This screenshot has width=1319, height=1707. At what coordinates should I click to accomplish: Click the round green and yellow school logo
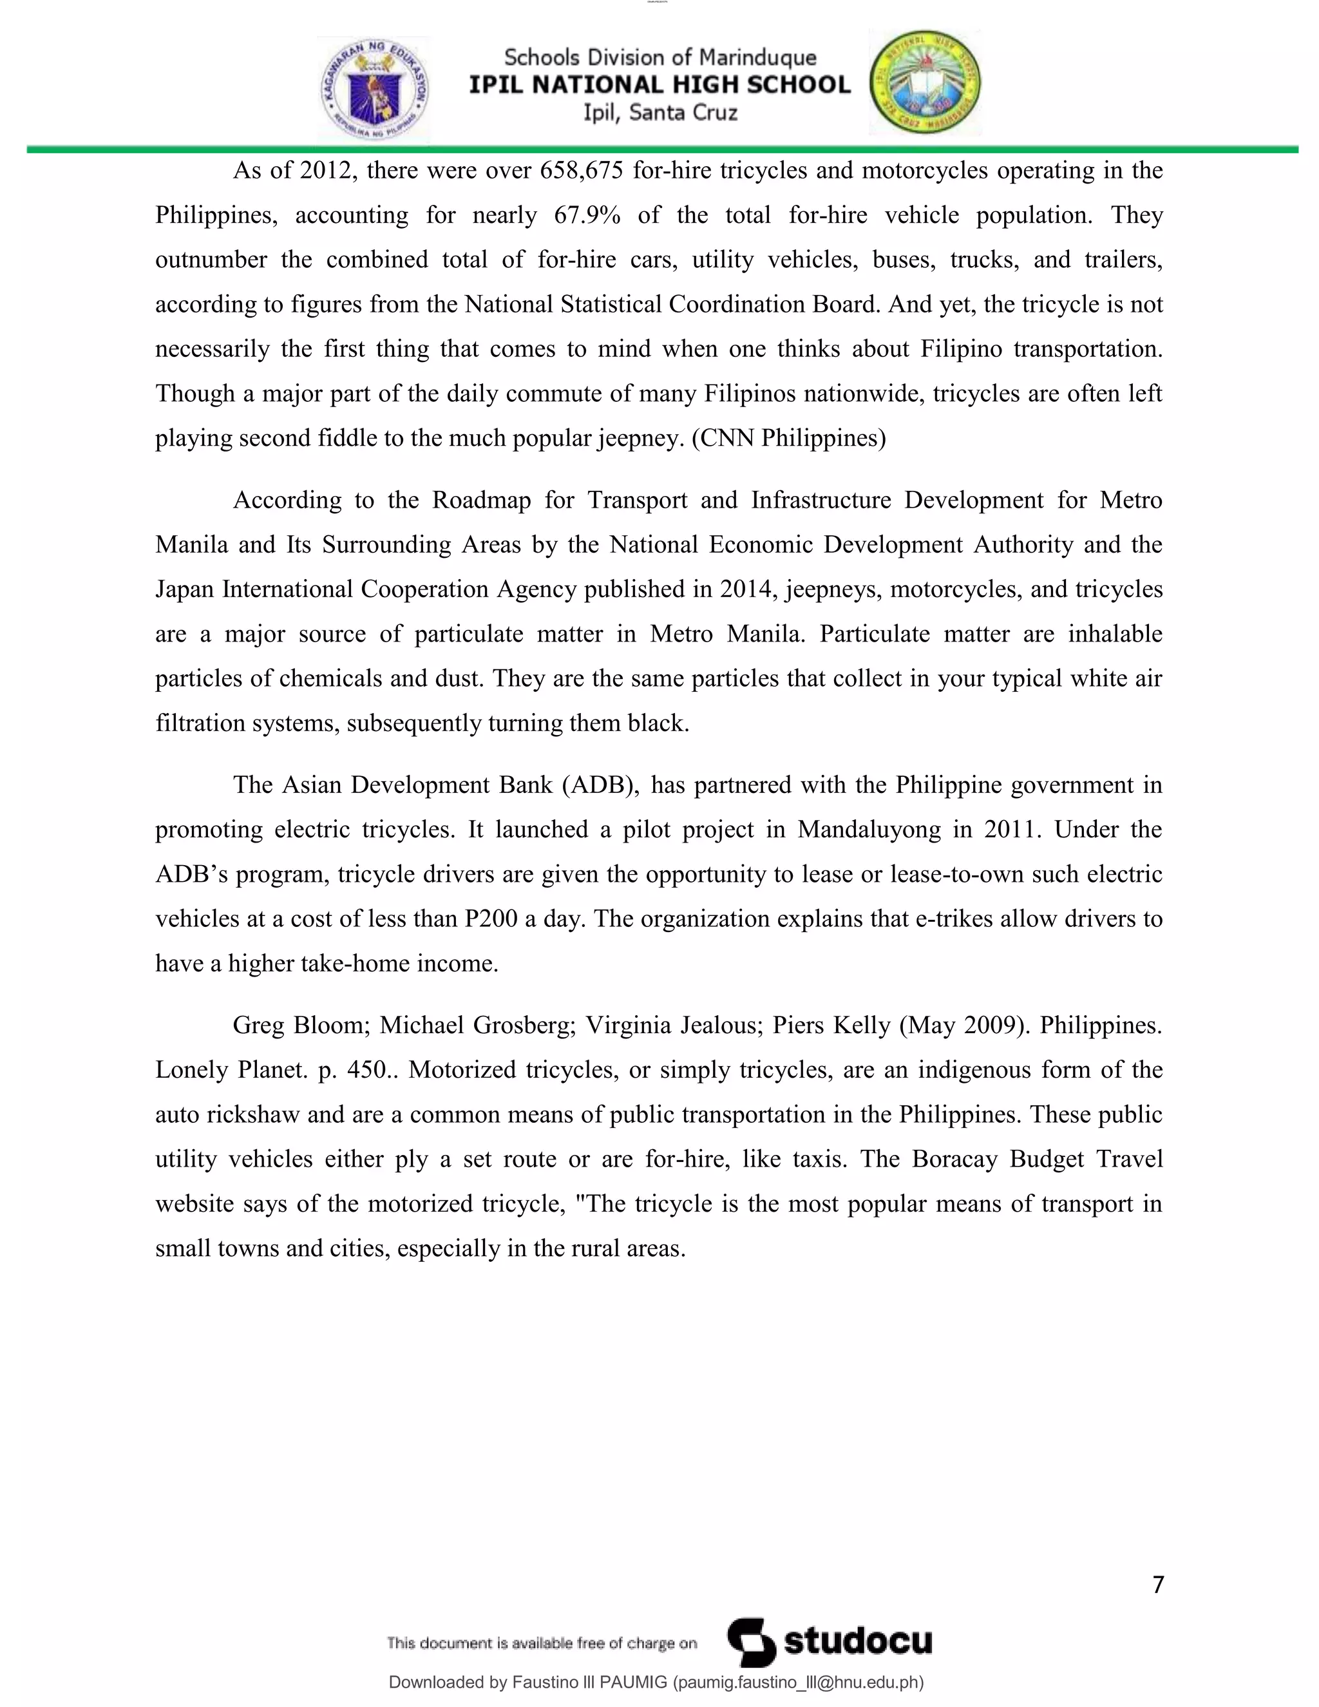pyautogui.click(x=925, y=83)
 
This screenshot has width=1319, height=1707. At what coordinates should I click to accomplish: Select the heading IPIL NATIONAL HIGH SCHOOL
pyautogui.click(x=659, y=84)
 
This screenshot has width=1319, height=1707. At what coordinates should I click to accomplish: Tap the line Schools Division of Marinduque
pyautogui.click(x=659, y=57)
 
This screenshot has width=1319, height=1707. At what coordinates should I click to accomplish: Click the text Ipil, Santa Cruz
pyautogui.click(x=659, y=113)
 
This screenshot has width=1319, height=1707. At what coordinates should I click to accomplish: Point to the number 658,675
pyautogui.click(x=582, y=171)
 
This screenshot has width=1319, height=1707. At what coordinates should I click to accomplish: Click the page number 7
pyautogui.click(x=1158, y=1585)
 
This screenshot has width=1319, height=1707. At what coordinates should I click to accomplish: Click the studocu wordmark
pyautogui.click(x=857, y=1641)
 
